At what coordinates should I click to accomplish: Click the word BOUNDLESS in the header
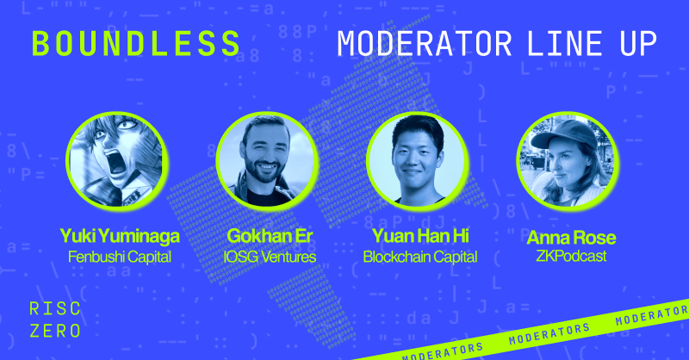tap(136, 44)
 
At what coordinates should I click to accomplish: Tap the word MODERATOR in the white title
tap(425, 44)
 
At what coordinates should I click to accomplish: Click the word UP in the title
tap(638, 44)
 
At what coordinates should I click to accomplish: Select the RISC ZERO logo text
tap(55, 320)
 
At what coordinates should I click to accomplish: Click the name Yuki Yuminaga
tap(120, 236)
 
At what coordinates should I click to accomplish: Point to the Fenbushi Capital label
tap(120, 257)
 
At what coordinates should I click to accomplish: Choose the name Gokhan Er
tap(270, 236)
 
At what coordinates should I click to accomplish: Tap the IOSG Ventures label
tap(270, 257)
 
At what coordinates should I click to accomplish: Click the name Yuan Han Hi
tap(420, 236)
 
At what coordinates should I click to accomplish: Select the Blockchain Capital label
tap(420, 257)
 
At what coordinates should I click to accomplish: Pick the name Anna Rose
tap(571, 238)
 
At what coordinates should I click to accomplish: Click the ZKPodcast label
tap(571, 256)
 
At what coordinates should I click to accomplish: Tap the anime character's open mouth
tap(116, 162)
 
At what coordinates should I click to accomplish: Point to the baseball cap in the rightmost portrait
tap(565, 133)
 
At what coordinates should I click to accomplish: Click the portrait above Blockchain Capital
tap(417, 161)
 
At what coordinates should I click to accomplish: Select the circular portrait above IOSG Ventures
tap(267, 161)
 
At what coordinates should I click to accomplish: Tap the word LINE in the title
tap(565, 44)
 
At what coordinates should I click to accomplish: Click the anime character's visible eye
tap(127, 125)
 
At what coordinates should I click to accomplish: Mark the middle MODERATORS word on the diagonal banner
tap(549, 334)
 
